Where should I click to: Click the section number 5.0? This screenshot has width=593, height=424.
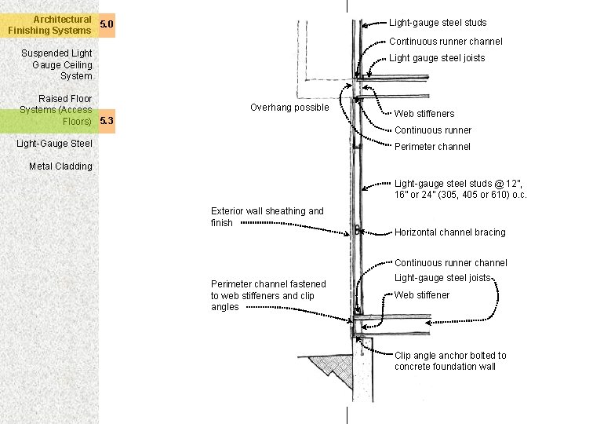click(107, 24)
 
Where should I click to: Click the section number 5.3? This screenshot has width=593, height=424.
click(107, 121)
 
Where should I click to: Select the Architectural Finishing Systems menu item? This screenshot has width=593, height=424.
click(50, 24)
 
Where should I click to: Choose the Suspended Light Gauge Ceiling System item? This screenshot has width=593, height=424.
click(56, 64)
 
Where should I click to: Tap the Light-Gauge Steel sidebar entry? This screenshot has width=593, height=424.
click(54, 144)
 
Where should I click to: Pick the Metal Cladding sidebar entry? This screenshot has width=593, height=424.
click(60, 166)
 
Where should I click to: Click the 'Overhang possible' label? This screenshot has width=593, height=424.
click(289, 108)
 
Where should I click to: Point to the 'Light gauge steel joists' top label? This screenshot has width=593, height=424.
click(437, 58)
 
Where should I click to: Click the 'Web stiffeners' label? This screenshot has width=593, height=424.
click(424, 114)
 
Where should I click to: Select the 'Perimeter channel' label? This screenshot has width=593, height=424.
click(432, 147)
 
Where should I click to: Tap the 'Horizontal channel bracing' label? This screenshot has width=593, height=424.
click(449, 232)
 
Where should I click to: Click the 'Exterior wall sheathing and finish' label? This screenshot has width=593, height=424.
click(267, 217)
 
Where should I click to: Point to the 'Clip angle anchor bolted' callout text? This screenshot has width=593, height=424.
click(450, 360)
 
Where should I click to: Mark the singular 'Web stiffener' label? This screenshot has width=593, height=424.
click(422, 295)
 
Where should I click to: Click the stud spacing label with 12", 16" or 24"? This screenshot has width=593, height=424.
click(460, 189)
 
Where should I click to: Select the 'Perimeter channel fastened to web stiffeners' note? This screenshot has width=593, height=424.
click(268, 295)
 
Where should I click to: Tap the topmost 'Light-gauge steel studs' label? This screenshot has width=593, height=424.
click(438, 23)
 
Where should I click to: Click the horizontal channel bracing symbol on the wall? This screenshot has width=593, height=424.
click(357, 231)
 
